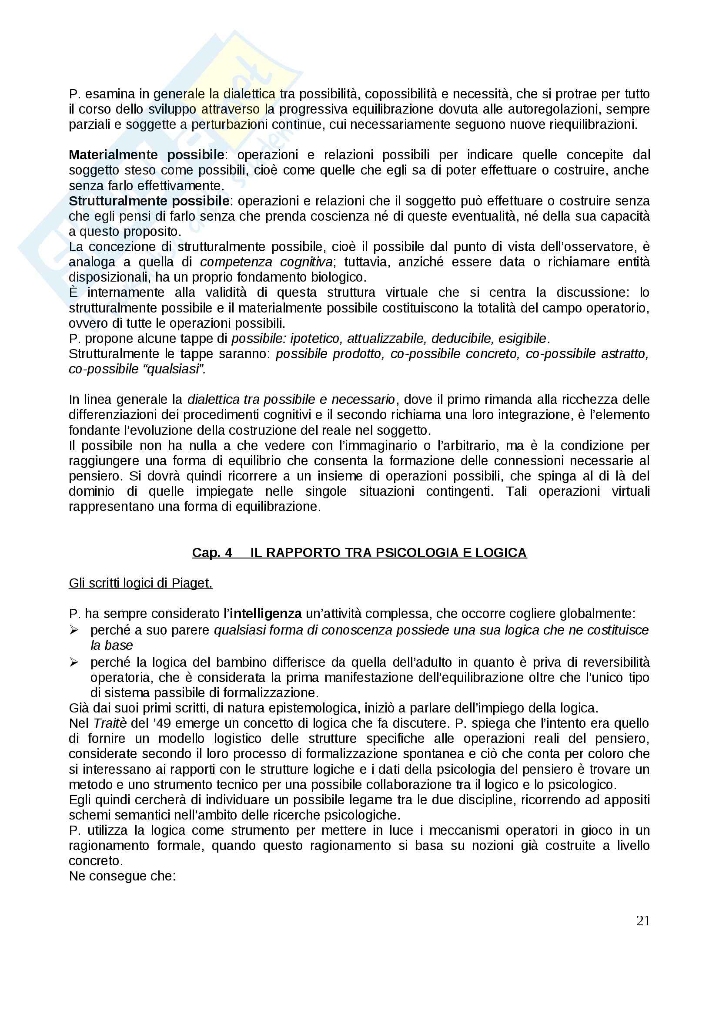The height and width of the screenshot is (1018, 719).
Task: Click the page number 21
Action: pyautogui.click(x=643, y=921)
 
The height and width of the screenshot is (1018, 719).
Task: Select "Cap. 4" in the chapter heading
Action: pyautogui.click(x=212, y=553)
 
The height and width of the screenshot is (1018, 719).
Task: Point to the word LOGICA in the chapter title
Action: pyautogui.click(x=501, y=553)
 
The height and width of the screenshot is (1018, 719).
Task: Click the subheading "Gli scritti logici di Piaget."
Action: pyautogui.click(x=140, y=584)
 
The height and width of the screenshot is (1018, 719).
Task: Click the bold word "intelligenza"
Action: pyautogui.click(x=266, y=614)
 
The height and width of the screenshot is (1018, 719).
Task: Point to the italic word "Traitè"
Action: pyautogui.click(x=110, y=724)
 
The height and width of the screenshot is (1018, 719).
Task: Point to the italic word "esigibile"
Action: pyautogui.click(x=522, y=339)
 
